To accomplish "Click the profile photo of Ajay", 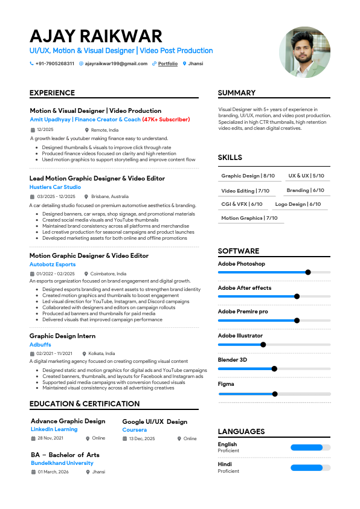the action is (304, 52).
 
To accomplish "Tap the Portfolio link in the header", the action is (168, 63).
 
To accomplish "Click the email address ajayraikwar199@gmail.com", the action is (116, 63).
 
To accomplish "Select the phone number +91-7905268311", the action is (55, 63).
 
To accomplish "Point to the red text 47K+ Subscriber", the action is (166, 120).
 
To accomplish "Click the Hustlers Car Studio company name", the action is (55, 187).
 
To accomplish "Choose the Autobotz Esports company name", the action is (53, 264).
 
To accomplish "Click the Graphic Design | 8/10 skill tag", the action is (248, 176).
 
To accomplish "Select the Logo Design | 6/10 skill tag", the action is (298, 204).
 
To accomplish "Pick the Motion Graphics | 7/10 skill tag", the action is (249, 218).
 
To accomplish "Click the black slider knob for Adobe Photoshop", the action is (308, 272).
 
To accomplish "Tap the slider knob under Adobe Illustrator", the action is (263, 345).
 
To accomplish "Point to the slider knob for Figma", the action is (275, 394).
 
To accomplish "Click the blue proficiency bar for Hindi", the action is (307, 467).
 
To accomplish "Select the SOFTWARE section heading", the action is (239, 251).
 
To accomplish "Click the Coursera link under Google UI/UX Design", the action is (134, 430).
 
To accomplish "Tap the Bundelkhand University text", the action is (62, 463).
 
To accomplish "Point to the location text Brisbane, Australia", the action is (110, 196).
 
